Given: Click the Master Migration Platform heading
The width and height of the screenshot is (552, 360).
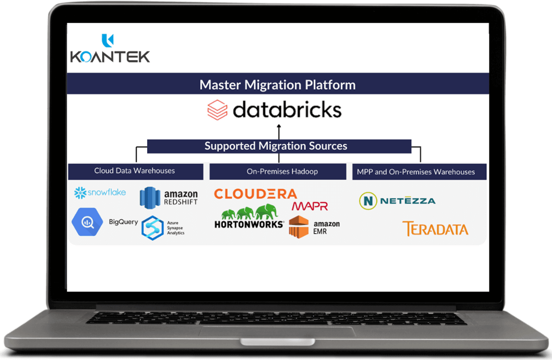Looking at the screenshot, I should pyautogui.click(x=277, y=85).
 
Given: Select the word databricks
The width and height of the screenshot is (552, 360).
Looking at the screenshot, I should pyautogui.click(x=287, y=110).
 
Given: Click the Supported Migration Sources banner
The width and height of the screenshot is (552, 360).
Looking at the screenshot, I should pyautogui.click(x=276, y=146).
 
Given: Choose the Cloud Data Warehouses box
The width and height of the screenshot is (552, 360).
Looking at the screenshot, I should pyautogui.click(x=135, y=171).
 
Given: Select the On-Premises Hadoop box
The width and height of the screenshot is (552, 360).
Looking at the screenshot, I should pyautogui.click(x=278, y=171).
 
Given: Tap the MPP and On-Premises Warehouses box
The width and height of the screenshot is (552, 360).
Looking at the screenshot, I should pyautogui.click(x=416, y=171).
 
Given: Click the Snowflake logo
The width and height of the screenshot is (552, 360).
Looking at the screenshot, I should pyautogui.click(x=100, y=193).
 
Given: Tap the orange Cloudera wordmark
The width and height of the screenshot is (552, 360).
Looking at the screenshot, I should pyautogui.click(x=255, y=194).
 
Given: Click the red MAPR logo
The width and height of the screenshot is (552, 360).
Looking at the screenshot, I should pyautogui.click(x=309, y=206).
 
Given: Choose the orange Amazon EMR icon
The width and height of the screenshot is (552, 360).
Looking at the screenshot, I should pyautogui.click(x=298, y=226).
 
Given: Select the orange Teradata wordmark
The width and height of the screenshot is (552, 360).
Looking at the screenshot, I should pyautogui.click(x=435, y=229).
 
